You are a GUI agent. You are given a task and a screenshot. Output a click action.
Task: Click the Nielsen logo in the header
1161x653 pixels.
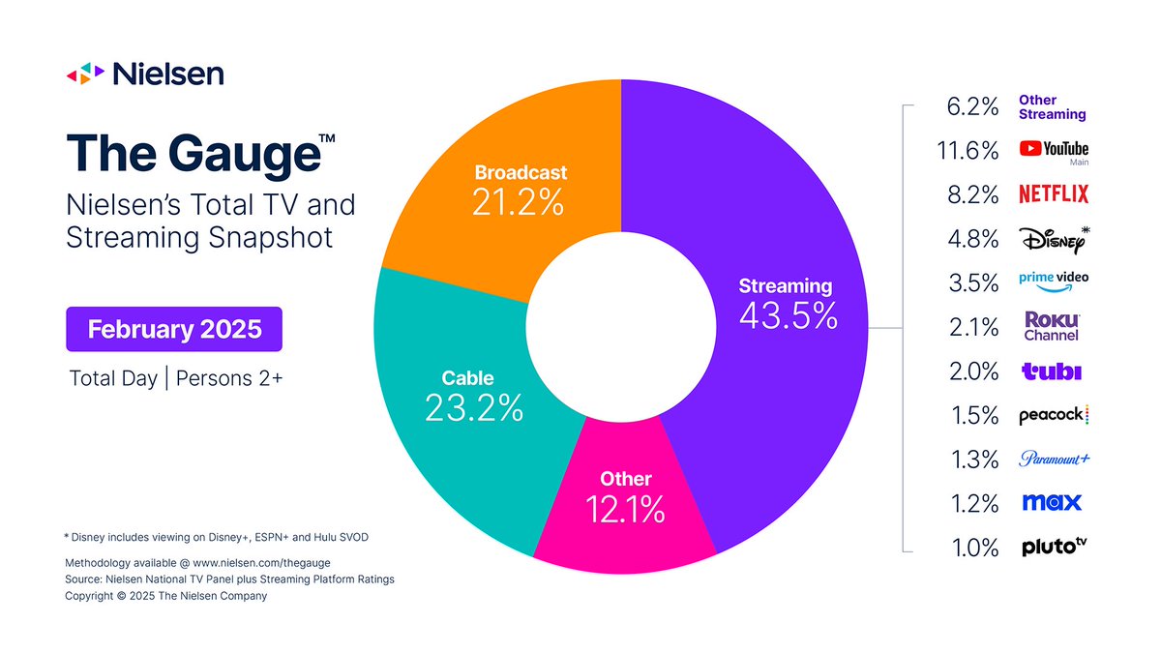pos(144,74)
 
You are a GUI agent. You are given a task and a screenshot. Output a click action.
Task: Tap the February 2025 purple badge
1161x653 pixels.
pos(174,329)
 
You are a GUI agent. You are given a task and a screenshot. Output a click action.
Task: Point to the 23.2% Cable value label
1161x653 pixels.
pos(474,407)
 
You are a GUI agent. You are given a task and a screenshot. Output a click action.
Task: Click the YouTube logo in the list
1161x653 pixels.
pos(1054,149)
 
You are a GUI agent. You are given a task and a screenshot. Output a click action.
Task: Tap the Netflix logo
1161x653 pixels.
pos(1054,194)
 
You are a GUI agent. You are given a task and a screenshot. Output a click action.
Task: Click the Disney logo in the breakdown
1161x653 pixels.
pos(1054,238)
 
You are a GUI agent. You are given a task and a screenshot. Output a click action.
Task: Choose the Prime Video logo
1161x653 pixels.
pos(1054,280)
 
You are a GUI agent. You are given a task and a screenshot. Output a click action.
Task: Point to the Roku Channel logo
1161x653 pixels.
pos(1052,326)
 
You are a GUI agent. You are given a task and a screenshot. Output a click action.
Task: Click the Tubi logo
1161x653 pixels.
pos(1052,371)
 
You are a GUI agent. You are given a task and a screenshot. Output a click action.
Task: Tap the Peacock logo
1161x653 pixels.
pos(1054,416)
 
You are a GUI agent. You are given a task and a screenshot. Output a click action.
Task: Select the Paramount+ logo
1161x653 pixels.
pos(1054,459)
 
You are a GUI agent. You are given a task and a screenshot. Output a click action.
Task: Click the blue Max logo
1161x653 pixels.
pos(1051,503)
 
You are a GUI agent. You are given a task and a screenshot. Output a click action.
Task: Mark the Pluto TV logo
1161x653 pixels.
pos(1054,548)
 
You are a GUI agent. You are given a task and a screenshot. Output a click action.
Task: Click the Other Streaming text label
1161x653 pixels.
pos(1052,106)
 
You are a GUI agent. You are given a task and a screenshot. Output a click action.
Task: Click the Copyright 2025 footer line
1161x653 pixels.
pos(165,596)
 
